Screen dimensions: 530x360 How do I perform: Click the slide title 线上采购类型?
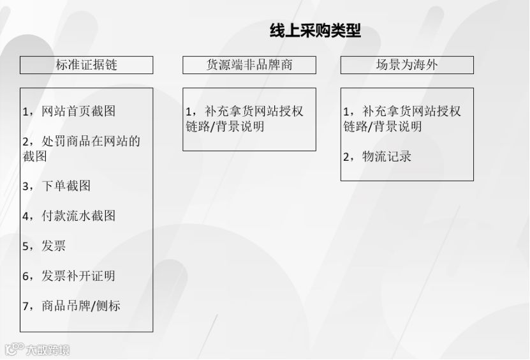(315, 31)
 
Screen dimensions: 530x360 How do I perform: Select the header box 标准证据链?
(86, 65)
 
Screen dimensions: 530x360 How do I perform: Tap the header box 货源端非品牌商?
(249, 65)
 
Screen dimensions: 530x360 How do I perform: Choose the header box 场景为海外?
(407, 65)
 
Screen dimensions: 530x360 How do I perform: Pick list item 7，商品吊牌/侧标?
(71, 306)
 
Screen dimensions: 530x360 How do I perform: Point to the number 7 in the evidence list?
(26, 306)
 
